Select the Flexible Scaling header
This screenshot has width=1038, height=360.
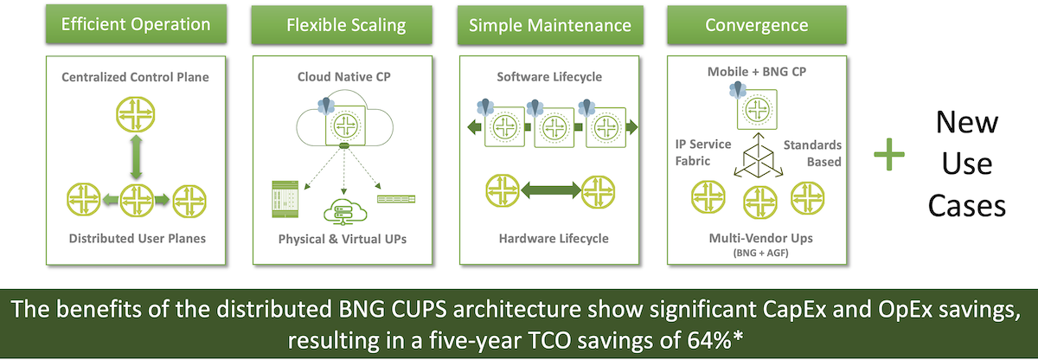[x=346, y=24]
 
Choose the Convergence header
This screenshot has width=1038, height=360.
[x=757, y=24]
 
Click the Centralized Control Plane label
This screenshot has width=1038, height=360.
[x=135, y=78]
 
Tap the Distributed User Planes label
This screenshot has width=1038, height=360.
[x=135, y=238]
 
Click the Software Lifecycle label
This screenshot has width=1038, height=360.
[x=549, y=77]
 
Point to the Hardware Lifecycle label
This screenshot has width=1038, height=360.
[x=549, y=238]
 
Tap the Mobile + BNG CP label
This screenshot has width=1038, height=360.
[x=757, y=72]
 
